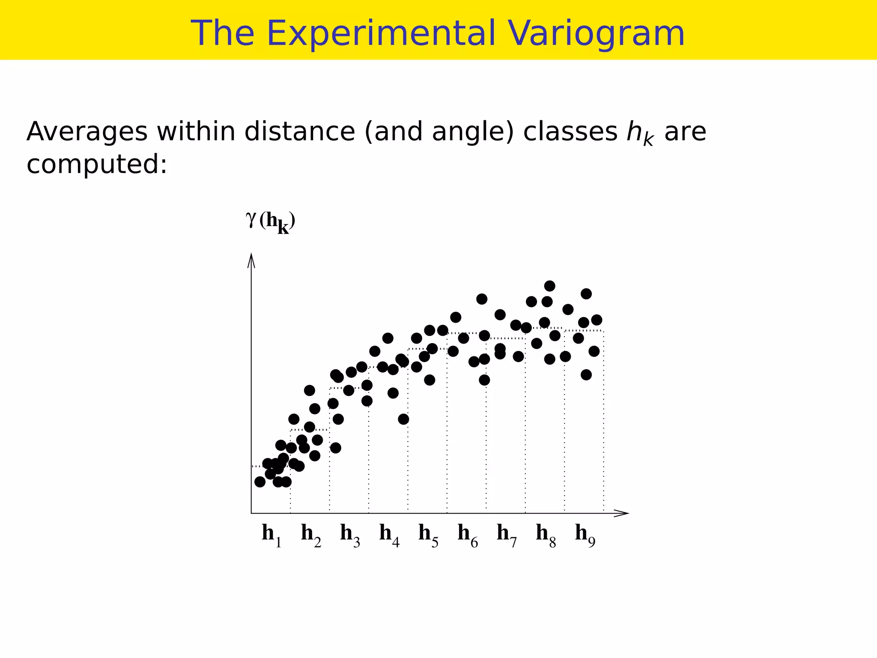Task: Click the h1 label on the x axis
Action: click(x=271, y=535)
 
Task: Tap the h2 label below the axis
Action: click(x=311, y=535)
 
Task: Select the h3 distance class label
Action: click(x=350, y=535)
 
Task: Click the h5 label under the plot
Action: click(x=428, y=535)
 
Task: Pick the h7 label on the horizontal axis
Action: click(x=507, y=535)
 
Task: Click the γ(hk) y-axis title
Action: click(x=271, y=222)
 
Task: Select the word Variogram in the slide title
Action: click(x=596, y=33)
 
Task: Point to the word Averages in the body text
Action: click(x=87, y=132)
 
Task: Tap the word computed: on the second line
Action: click(x=97, y=164)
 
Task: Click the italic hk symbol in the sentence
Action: click(x=640, y=133)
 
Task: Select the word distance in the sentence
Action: click(x=299, y=132)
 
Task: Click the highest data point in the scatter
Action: click(x=550, y=286)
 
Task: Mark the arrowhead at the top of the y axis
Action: click(x=251, y=260)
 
